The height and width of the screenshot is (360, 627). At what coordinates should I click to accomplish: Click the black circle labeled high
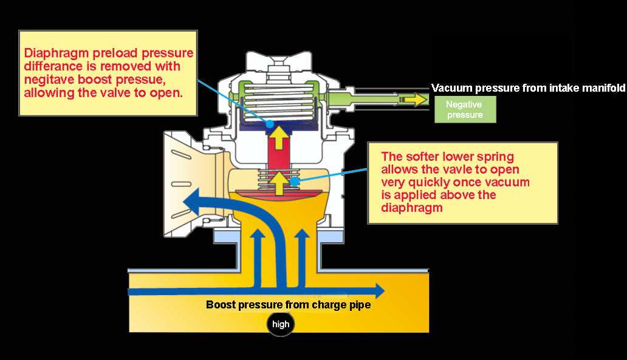tap(281, 324)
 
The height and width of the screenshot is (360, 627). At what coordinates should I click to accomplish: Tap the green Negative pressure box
tap(465, 109)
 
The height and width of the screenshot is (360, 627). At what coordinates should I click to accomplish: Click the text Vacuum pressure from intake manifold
tap(528, 88)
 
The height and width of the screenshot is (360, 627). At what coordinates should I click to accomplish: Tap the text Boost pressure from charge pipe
tap(288, 305)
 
